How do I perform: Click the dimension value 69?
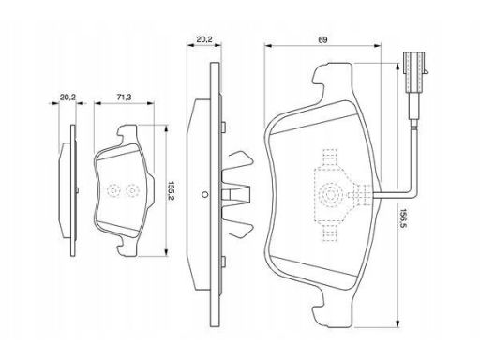pyautogui.click(x=322, y=40)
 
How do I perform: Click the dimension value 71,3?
pyautogui.click(x=124, y=97)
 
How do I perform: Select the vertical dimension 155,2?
pyautogui.click(x=171, y=191)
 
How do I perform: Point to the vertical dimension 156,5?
pyautogui.click(x=403, y=218)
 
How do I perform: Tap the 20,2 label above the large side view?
pyautogui.click(x=204, y=39)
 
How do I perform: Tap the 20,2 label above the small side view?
pyautogui.click(x=67, y=97)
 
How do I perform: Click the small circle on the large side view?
pyautogui.click(x=204, y=195)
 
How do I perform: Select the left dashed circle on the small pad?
pyautogui.click(x=112, y=190)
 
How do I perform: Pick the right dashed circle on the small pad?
pyautogui.click(x=132, y=190)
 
